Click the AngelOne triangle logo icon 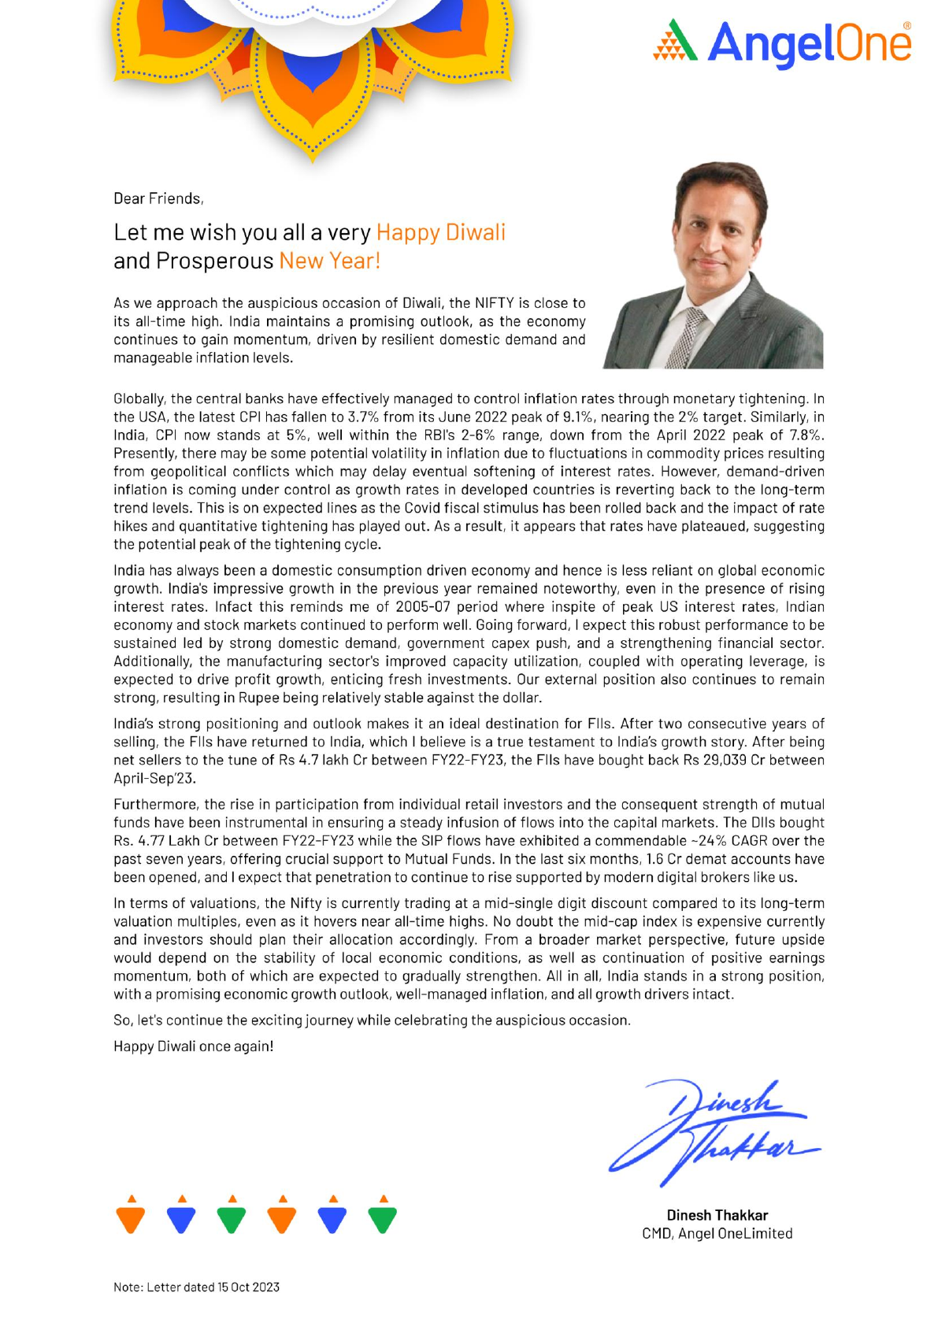click(675, 41)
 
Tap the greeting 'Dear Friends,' click(158, 198)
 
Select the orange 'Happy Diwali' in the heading click(440, 232)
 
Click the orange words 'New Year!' click(329, 261)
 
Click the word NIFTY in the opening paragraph click(494, 303)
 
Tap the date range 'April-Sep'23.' click(154, 778)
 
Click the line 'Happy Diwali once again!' click(193, 1046)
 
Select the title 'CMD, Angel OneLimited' click(717, 1234)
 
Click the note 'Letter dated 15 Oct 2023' click(196, 1287)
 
